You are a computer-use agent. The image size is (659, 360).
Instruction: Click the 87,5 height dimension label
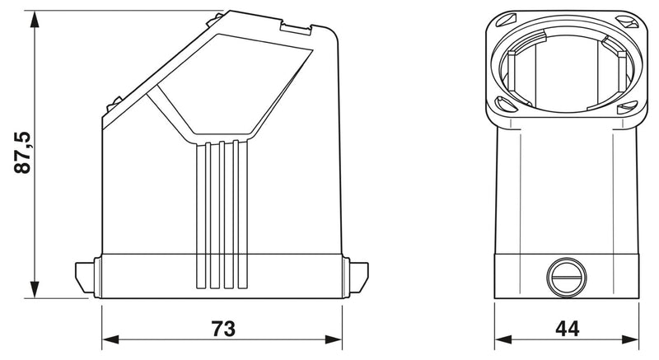coord(22,152)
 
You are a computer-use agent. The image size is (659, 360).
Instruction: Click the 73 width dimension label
coord(223,329)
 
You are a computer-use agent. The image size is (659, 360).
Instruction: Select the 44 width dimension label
coord(568,329)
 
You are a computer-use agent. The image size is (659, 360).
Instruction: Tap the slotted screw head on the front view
coord(567,278)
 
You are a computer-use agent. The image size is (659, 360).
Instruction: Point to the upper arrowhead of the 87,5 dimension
coord(35,20)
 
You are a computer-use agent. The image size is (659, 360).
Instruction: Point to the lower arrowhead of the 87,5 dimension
coord(35,289)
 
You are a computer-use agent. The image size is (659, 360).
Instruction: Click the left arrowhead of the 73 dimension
coord(110,339)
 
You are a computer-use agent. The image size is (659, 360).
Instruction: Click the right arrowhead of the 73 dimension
coord(334,339)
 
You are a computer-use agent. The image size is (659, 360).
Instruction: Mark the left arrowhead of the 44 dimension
coord(503,339)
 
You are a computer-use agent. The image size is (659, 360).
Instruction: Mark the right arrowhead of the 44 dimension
coord(630,339)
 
